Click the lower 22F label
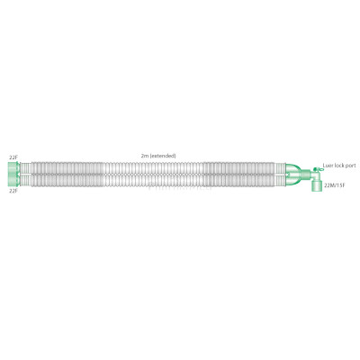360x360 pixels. [x=13, y=191]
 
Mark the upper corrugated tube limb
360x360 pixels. [x=153, y=166]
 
